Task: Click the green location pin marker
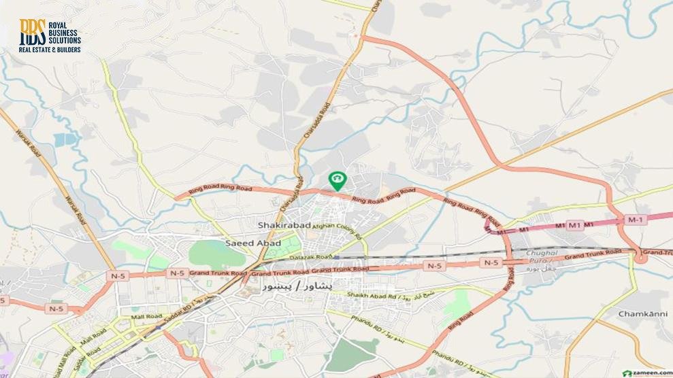pyautogui.click(x=337, y=180)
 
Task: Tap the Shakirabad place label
pyautogui.click(x=284, y=225)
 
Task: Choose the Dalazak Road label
pyautogui.click(x=314, y=257)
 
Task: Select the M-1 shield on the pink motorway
pyautogui.click(x=634, y=220)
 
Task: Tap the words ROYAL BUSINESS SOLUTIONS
pyautogui.click(x=63, y=32)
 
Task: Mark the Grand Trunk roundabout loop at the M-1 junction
pyautogui.click(x=640, y=256)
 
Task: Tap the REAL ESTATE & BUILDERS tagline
pyautogui.click(x=50, y=50)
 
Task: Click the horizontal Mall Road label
pyautogui.click(x=146, y=317)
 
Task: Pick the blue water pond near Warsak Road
pyautogui.click(x=66, y=139)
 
